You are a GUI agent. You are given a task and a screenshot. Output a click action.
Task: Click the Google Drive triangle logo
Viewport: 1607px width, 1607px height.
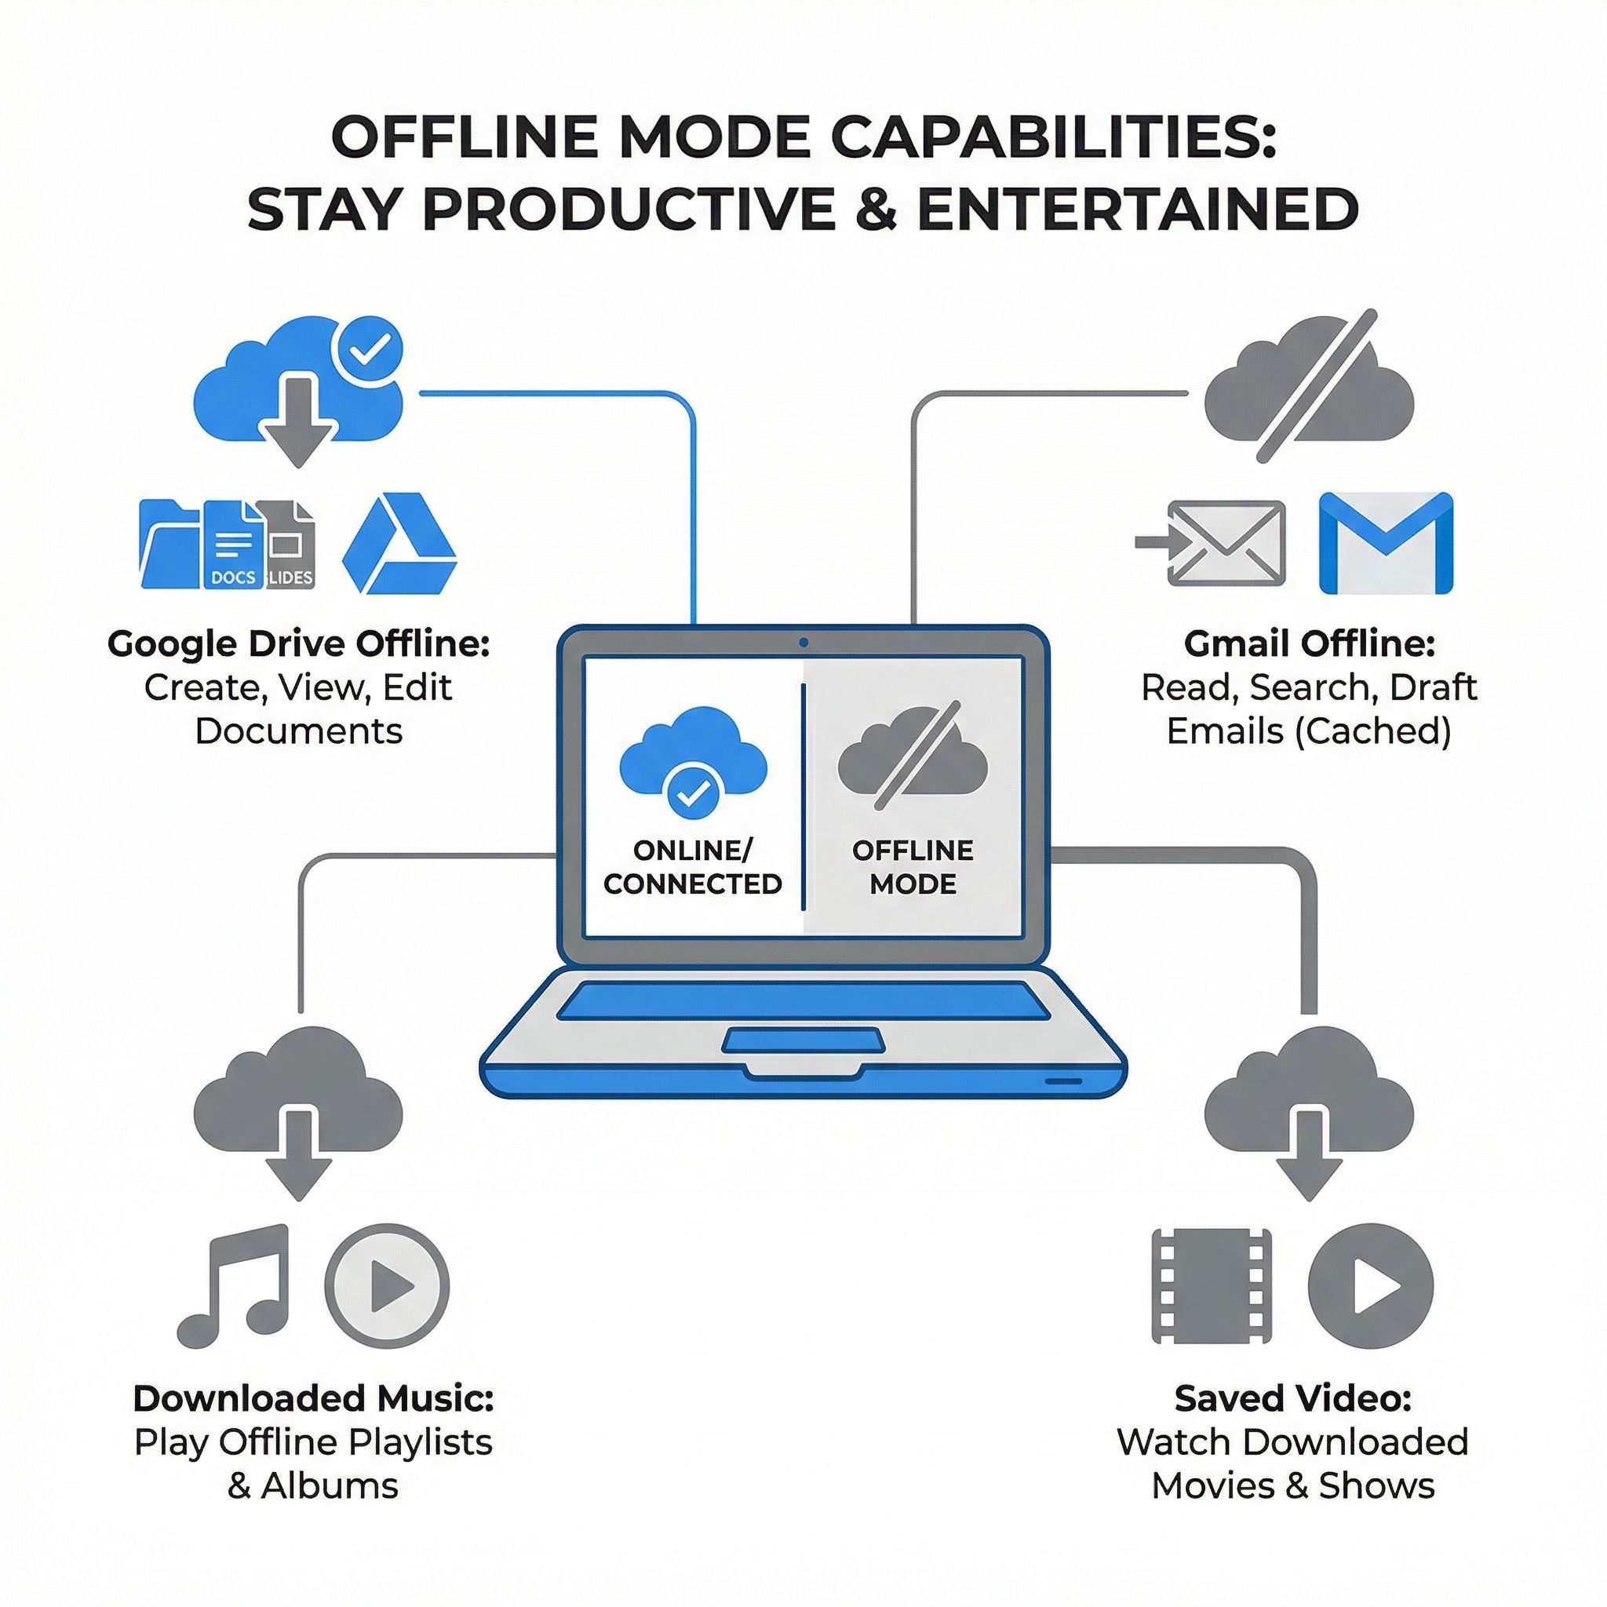[x=399, y=545]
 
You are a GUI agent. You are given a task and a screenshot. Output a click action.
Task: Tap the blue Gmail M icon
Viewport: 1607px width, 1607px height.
[x=1386, y=543]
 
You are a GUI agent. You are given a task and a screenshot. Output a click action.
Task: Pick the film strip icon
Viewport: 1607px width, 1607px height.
[x=1211, y=1286]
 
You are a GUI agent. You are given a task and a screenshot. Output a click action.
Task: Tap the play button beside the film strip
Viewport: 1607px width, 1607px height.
[x=1371, y=1286]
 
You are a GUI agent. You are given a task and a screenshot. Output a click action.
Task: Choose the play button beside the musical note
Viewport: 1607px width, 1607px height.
[x=387, y=1286]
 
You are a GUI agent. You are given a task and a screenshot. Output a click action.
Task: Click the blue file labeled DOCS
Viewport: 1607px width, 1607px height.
[x=233, y=545]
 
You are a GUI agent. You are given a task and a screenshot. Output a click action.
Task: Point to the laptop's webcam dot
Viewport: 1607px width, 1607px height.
[x=803, y=642]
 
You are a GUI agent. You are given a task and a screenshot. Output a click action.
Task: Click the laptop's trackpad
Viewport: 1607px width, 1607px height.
[x=803, y=1040]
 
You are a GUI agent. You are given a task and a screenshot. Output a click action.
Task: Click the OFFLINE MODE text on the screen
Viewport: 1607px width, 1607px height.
[x=913, y=867]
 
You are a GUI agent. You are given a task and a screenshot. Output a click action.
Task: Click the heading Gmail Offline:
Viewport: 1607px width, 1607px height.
[x=1310, y=643]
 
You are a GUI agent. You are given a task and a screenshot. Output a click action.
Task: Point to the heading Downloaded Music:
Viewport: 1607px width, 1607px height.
[x=314, y=1398]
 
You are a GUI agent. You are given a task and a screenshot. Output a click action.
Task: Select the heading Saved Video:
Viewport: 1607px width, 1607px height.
[x=1292, y=1398]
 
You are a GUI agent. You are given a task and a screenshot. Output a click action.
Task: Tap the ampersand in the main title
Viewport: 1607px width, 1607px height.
[x=876, y=209]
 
